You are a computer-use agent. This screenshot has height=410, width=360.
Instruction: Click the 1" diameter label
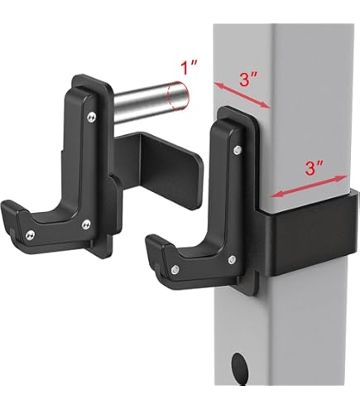click(190, 68)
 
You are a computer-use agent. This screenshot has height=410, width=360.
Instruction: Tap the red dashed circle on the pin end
click(178, 96)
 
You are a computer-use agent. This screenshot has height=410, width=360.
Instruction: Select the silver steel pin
click(151, 102)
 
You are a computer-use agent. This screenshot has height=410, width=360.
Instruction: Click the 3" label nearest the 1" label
click(248, 80)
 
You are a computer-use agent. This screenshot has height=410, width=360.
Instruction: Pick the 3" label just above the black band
click(314, 167)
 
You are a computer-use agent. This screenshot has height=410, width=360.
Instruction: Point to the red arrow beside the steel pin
click(242, 94)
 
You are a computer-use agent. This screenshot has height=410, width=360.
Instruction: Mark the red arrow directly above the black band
click(310, 186)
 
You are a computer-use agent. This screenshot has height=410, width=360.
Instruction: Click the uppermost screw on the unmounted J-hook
click(92, 117)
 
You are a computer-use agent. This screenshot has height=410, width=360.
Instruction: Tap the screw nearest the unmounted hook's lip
click(30, 235)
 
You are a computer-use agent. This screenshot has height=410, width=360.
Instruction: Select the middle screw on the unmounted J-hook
click(86, 224)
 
